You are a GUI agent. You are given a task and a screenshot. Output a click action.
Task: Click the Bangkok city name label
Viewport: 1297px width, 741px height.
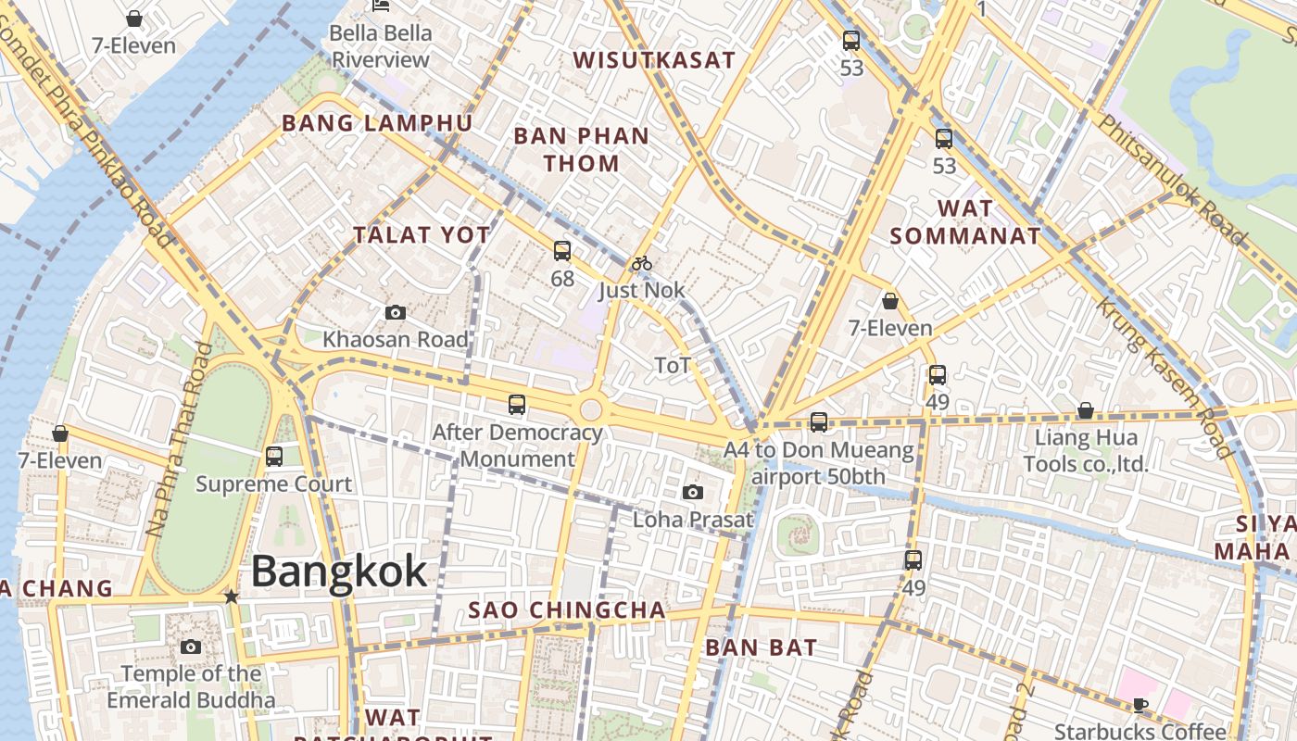click(339, 571)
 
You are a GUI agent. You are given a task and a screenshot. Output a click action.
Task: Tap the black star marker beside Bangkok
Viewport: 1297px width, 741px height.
click(232, 597)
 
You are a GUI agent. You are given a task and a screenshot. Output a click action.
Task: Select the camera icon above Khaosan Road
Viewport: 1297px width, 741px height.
click(395, 313)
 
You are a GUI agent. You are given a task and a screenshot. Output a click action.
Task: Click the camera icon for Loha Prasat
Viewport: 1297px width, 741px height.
click(692, 492)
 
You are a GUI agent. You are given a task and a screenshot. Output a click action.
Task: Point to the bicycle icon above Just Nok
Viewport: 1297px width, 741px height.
click(641, 263)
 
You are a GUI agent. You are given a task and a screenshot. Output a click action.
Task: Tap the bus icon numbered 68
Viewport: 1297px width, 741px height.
click(561, 250)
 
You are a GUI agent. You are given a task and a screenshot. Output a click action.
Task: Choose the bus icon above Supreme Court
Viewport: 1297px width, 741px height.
click(273, 456)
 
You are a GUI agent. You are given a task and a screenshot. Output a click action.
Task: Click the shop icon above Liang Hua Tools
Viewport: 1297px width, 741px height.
click(1085, 409)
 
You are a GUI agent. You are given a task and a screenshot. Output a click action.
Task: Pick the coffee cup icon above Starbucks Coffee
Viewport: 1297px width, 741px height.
click(1140, 705)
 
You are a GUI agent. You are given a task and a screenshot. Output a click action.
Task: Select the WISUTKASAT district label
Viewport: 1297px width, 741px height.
click(654, 61)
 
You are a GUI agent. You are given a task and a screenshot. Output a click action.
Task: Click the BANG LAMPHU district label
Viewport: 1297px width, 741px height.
click(377, 123)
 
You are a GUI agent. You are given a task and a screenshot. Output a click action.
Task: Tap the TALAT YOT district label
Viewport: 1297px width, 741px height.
click(422, 235)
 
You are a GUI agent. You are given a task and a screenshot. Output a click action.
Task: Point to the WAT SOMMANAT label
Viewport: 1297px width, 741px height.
click(965, 222)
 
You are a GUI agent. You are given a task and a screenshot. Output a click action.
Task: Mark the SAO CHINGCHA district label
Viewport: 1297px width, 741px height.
click(567, 610)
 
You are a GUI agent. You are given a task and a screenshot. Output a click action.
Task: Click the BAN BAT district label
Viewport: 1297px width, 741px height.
click(761, 647)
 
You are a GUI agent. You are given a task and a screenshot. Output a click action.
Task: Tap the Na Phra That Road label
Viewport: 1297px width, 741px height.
click(176, 440)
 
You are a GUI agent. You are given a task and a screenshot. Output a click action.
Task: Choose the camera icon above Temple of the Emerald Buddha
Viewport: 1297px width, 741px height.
click(191, 647)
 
